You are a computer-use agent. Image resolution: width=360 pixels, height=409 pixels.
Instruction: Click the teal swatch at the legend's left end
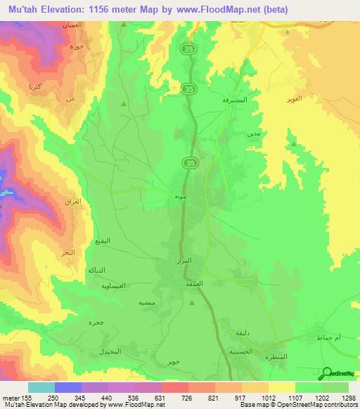click(x=41, y=387)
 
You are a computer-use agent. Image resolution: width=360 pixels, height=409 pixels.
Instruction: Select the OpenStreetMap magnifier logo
click(x=326, y=373)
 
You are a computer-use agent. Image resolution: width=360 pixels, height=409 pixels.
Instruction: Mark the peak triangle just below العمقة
click(x=193, y=303)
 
